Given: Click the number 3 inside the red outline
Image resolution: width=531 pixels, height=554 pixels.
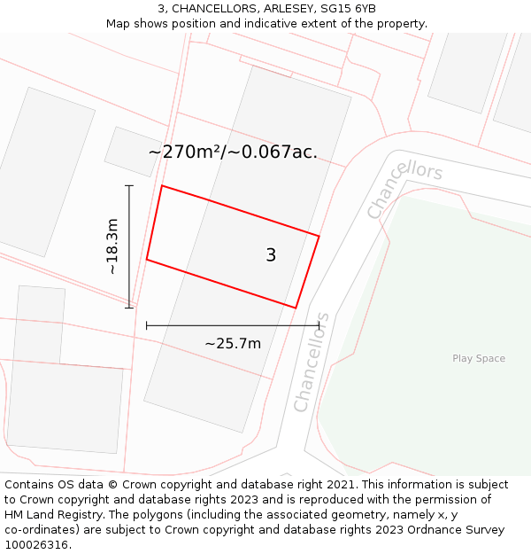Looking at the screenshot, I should pos(271,255).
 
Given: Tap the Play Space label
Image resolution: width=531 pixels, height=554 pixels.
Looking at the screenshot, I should pos(479,358).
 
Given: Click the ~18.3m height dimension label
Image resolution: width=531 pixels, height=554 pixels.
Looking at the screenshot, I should pos(112,246).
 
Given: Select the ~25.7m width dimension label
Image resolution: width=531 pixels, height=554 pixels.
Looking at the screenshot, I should pos(233,343).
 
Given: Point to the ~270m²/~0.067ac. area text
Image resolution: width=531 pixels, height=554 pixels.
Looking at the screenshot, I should pos(233,152).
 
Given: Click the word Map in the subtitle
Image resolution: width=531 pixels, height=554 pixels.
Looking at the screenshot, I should pos(119,24).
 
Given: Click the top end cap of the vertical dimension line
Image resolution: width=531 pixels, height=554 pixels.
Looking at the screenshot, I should pos(129,185).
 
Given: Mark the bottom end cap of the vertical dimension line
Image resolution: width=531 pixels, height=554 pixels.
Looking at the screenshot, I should pos(129,308).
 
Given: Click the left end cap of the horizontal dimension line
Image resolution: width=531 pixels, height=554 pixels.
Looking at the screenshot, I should pos(147,325).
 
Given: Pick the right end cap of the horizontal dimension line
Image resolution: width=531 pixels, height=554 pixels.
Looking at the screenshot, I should pos(319,325).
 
